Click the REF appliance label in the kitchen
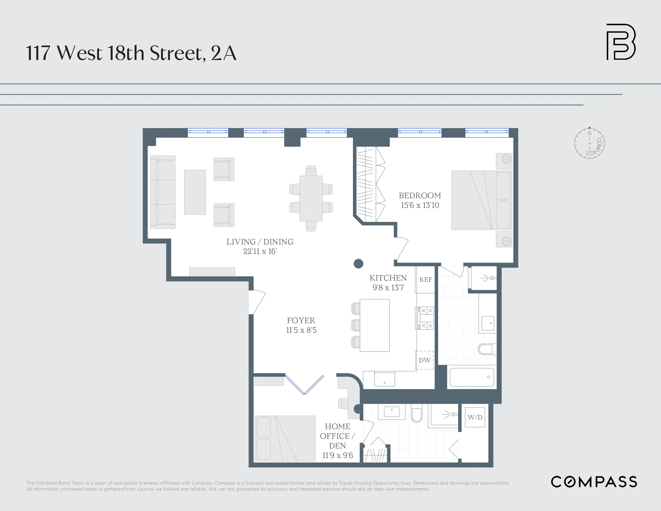point(425,280)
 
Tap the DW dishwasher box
point(425,360)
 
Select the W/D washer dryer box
point(475,417)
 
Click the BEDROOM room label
point(420,195)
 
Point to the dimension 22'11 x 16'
point(260,251)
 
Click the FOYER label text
point(301,321)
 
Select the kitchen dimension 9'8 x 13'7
point(388,287)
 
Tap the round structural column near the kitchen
point(358,264)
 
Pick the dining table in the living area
point(311,198)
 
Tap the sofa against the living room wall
point(163,192)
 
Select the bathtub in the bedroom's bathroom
point(471,377)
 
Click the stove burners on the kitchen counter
point(426,318)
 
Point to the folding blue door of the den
point(304,385)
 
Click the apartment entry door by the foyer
point(257,302)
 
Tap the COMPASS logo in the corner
point(594,482)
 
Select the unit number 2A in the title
point(223,53)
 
